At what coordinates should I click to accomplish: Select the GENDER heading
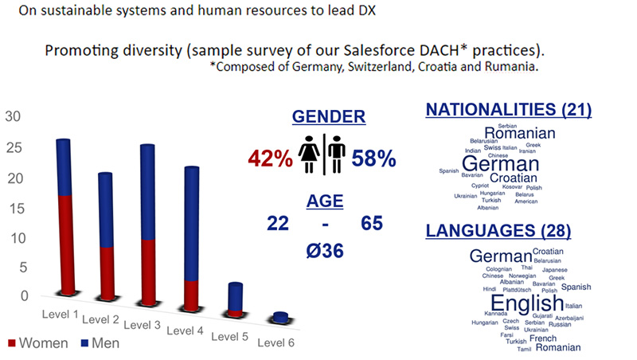tap(329, 116)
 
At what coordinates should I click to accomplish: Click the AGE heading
tap(325, 199)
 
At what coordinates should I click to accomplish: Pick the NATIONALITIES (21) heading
tap(509, 109)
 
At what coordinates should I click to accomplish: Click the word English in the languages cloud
tap(526, 304)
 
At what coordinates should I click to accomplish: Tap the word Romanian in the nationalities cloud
tap(520, 133)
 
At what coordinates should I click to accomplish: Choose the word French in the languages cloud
tap(543, 338)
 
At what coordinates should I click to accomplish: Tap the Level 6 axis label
tap(277, 342)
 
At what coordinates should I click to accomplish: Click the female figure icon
tap(309, 155)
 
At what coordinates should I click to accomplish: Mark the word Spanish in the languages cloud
tap(576, 287)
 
